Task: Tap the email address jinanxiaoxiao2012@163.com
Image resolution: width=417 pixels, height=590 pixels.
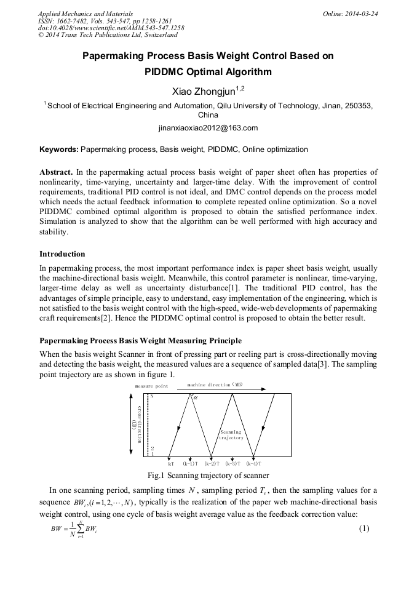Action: (208, 128)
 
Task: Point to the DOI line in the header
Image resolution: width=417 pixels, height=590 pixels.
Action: (111, 28)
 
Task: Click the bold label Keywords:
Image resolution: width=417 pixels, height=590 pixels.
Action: (59, 149)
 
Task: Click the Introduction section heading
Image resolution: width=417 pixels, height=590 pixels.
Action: (62, 253)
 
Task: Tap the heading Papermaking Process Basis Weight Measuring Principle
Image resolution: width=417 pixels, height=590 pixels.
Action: (140, 340)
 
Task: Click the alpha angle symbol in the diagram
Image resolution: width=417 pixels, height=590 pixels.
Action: (196, 397)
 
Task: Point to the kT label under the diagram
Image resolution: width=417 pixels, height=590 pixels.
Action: (171, 463)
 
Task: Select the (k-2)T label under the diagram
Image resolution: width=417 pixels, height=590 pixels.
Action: (214, 463)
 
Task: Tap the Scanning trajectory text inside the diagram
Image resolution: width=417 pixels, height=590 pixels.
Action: (232, 435)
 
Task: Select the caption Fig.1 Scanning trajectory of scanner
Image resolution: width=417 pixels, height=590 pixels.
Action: (208, 476)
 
